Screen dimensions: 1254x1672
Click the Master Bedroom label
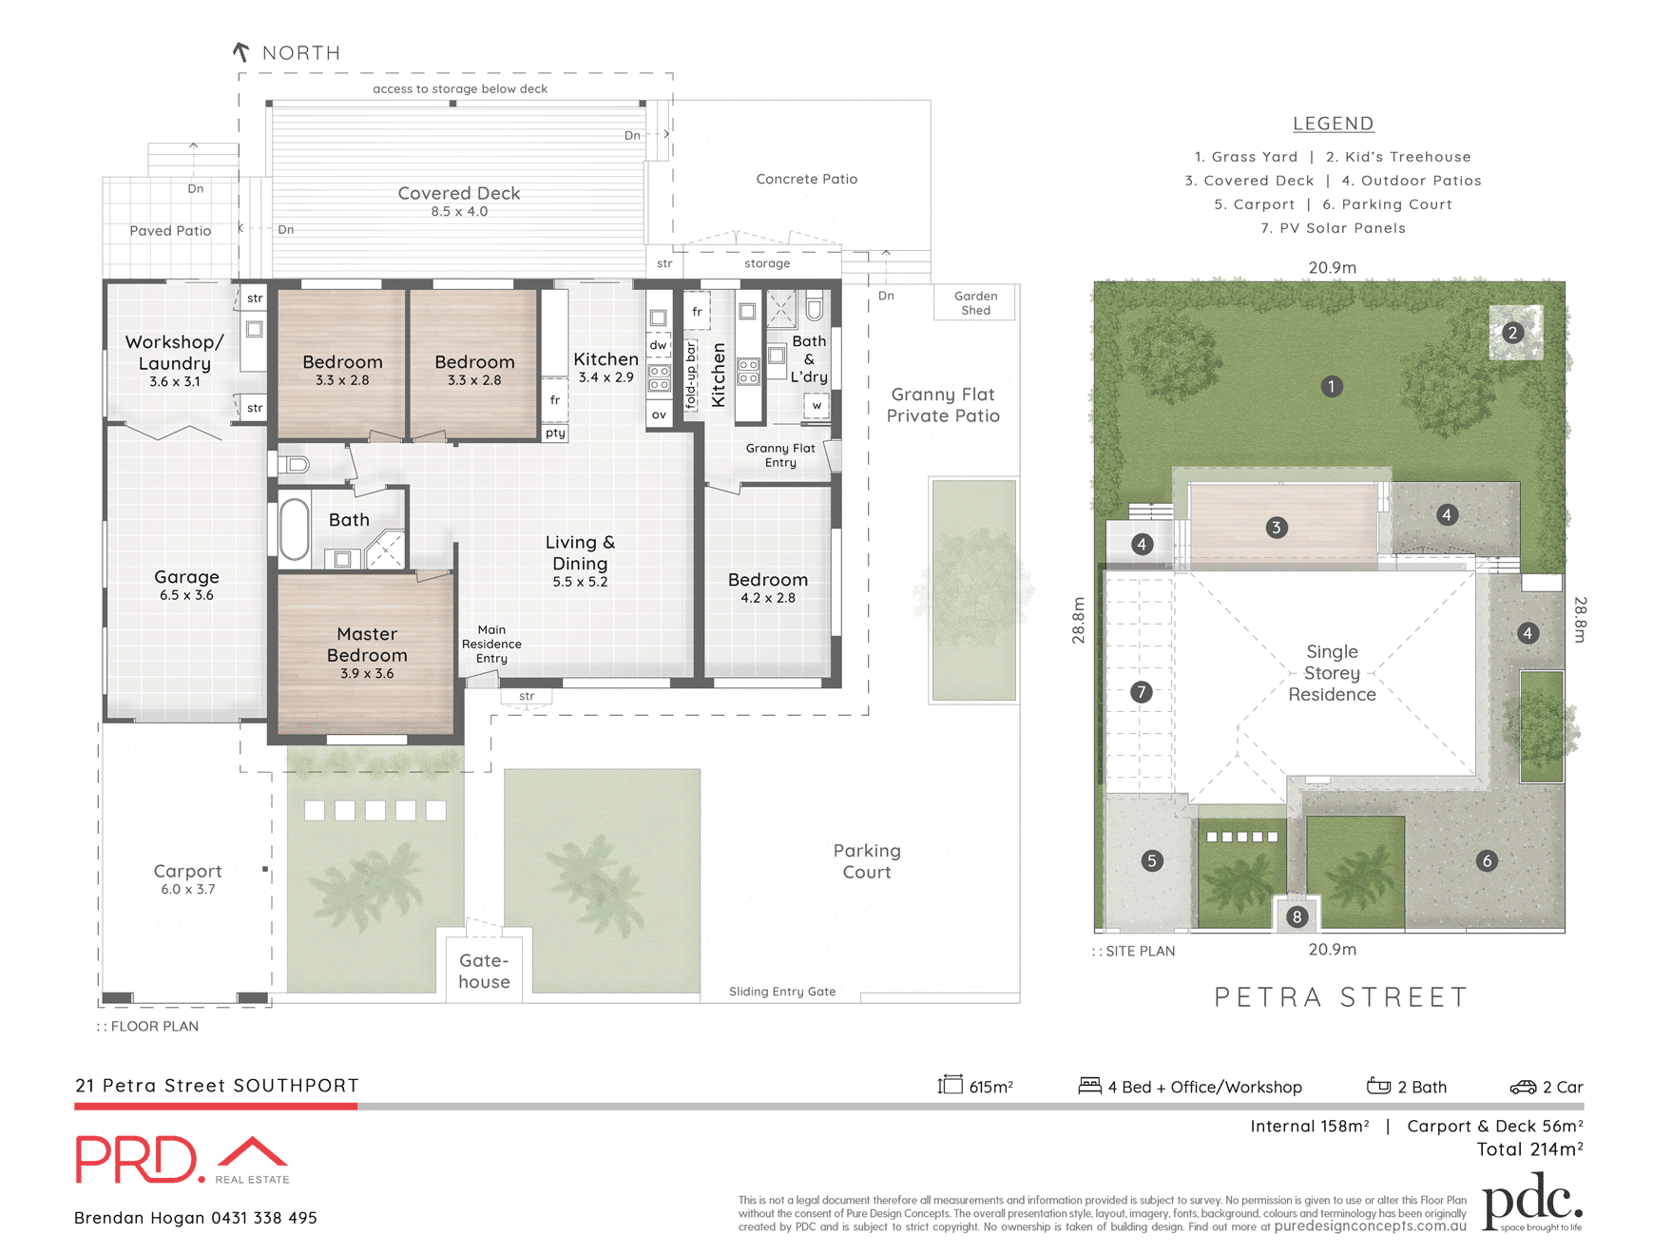coord(367,645)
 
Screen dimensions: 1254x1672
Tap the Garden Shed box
coord(975,303)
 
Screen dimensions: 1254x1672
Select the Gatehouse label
coord(484,971)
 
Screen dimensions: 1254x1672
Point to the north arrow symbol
coord(241,52)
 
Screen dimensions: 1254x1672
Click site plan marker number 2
coord(1512,333)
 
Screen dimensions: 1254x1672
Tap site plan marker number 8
coord(1297,916)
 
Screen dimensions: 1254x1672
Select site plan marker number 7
coord(1142,692)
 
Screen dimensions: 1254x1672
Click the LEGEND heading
coord(1333,124)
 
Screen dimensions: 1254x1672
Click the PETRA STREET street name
coord(1341,997)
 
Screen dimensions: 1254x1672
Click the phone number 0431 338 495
coord(264,1218)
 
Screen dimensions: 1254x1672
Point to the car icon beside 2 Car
coord(1523,1087)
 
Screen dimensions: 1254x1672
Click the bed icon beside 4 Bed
coord(1089,1086)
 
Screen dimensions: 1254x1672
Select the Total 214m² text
coord(1529,1149)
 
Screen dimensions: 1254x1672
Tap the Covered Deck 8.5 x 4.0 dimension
coord(459,212)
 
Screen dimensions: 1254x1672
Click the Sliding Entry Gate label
coord(782,992)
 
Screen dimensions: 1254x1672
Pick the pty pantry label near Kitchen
coord(555,434)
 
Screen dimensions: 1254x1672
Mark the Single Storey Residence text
coord(1332,673)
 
